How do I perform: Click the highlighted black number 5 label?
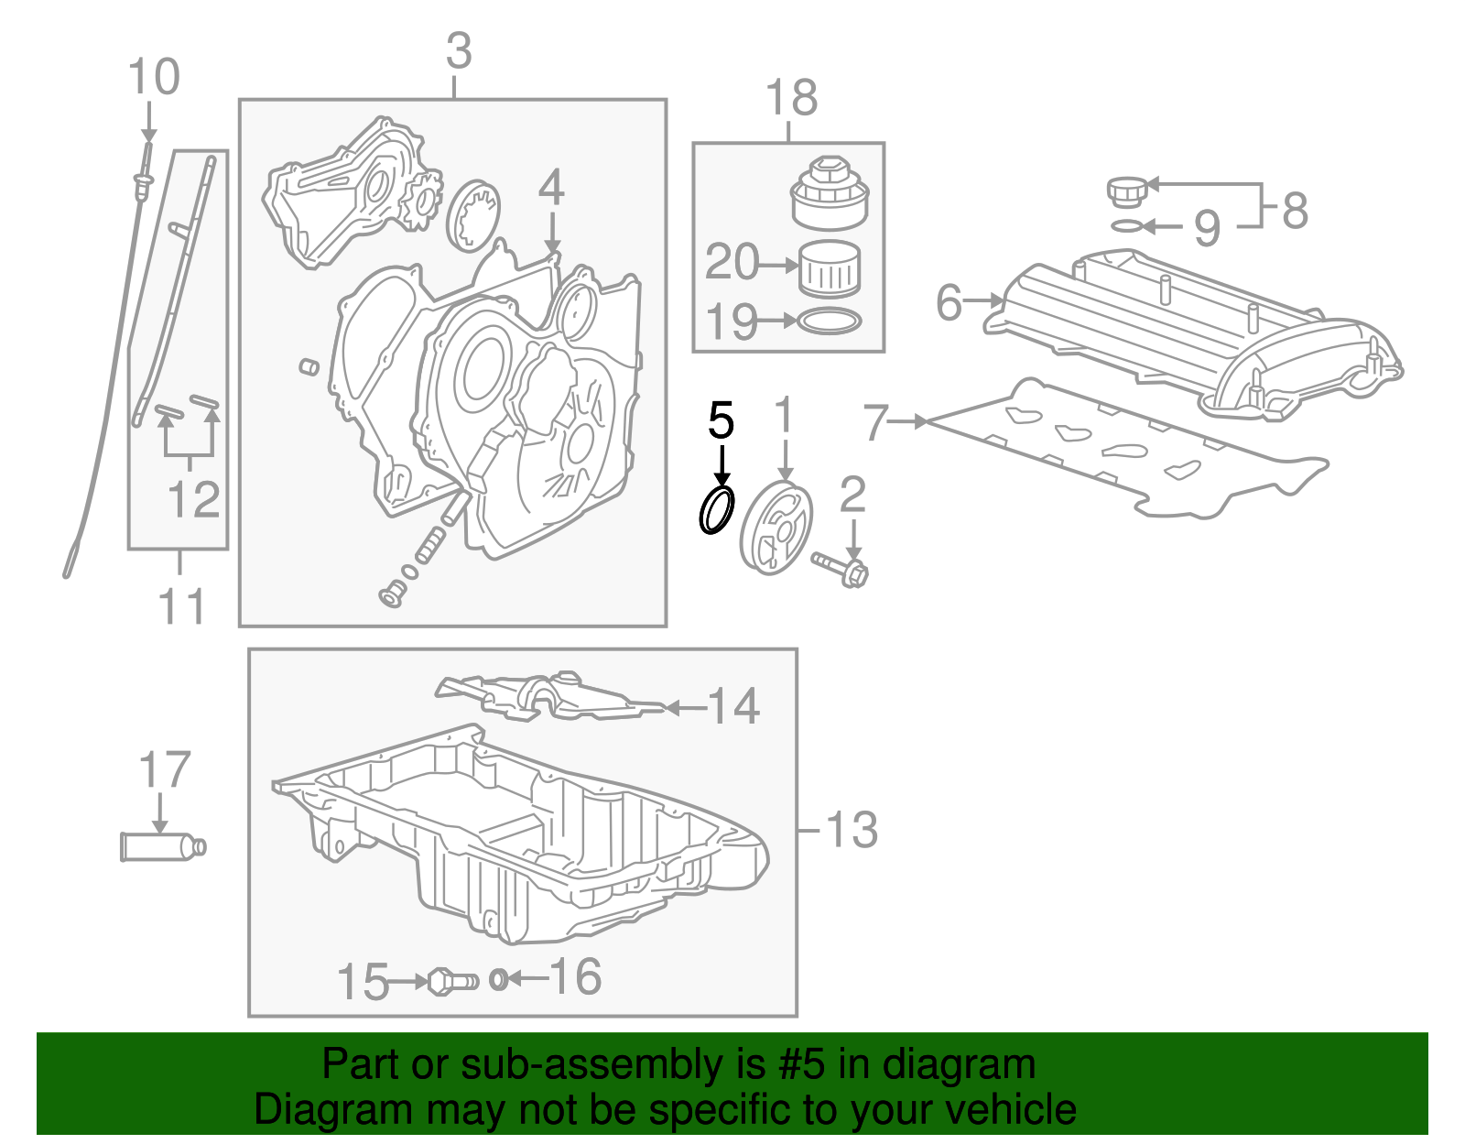(x=722, y=420)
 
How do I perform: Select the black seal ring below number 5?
(x=716, y=510)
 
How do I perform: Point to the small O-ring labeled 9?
(x=1127, y=225)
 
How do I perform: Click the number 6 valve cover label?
(x=950, y=301)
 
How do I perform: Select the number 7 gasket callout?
(x=876, y=422)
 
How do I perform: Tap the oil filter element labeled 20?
(x=830, y=268)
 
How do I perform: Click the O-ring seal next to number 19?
(x=830, y=321)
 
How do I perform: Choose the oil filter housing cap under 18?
(x=828, y=195)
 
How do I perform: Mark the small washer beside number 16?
(x=498, y=980)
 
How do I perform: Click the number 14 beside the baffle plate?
(x=734, y=706)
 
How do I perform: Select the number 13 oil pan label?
(x=852, y=830)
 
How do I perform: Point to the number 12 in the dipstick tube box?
(x=194, y=498)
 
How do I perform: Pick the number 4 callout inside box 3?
(x=550, y=188)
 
